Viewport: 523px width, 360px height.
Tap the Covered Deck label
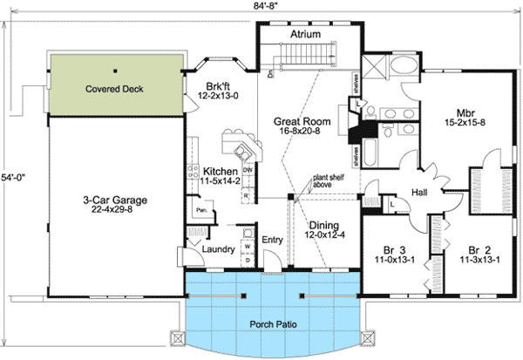114,89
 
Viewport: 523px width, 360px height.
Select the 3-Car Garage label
109,200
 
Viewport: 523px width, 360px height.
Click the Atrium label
305,34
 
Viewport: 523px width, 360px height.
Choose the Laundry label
218,249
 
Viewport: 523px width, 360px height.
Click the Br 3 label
396,249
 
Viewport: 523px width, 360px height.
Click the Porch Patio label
274,323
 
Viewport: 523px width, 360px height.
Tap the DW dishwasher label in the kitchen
248,169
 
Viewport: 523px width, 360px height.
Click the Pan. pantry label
200,210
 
